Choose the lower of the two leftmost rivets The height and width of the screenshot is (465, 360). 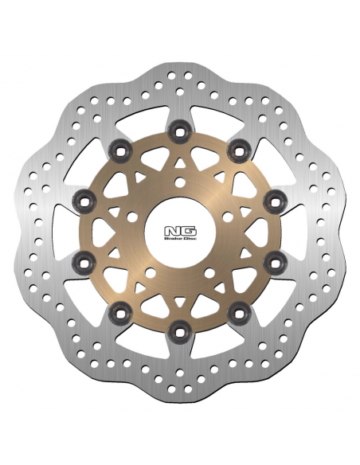(x=78, y=260)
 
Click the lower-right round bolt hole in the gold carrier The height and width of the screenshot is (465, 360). (x=209, y=272)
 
